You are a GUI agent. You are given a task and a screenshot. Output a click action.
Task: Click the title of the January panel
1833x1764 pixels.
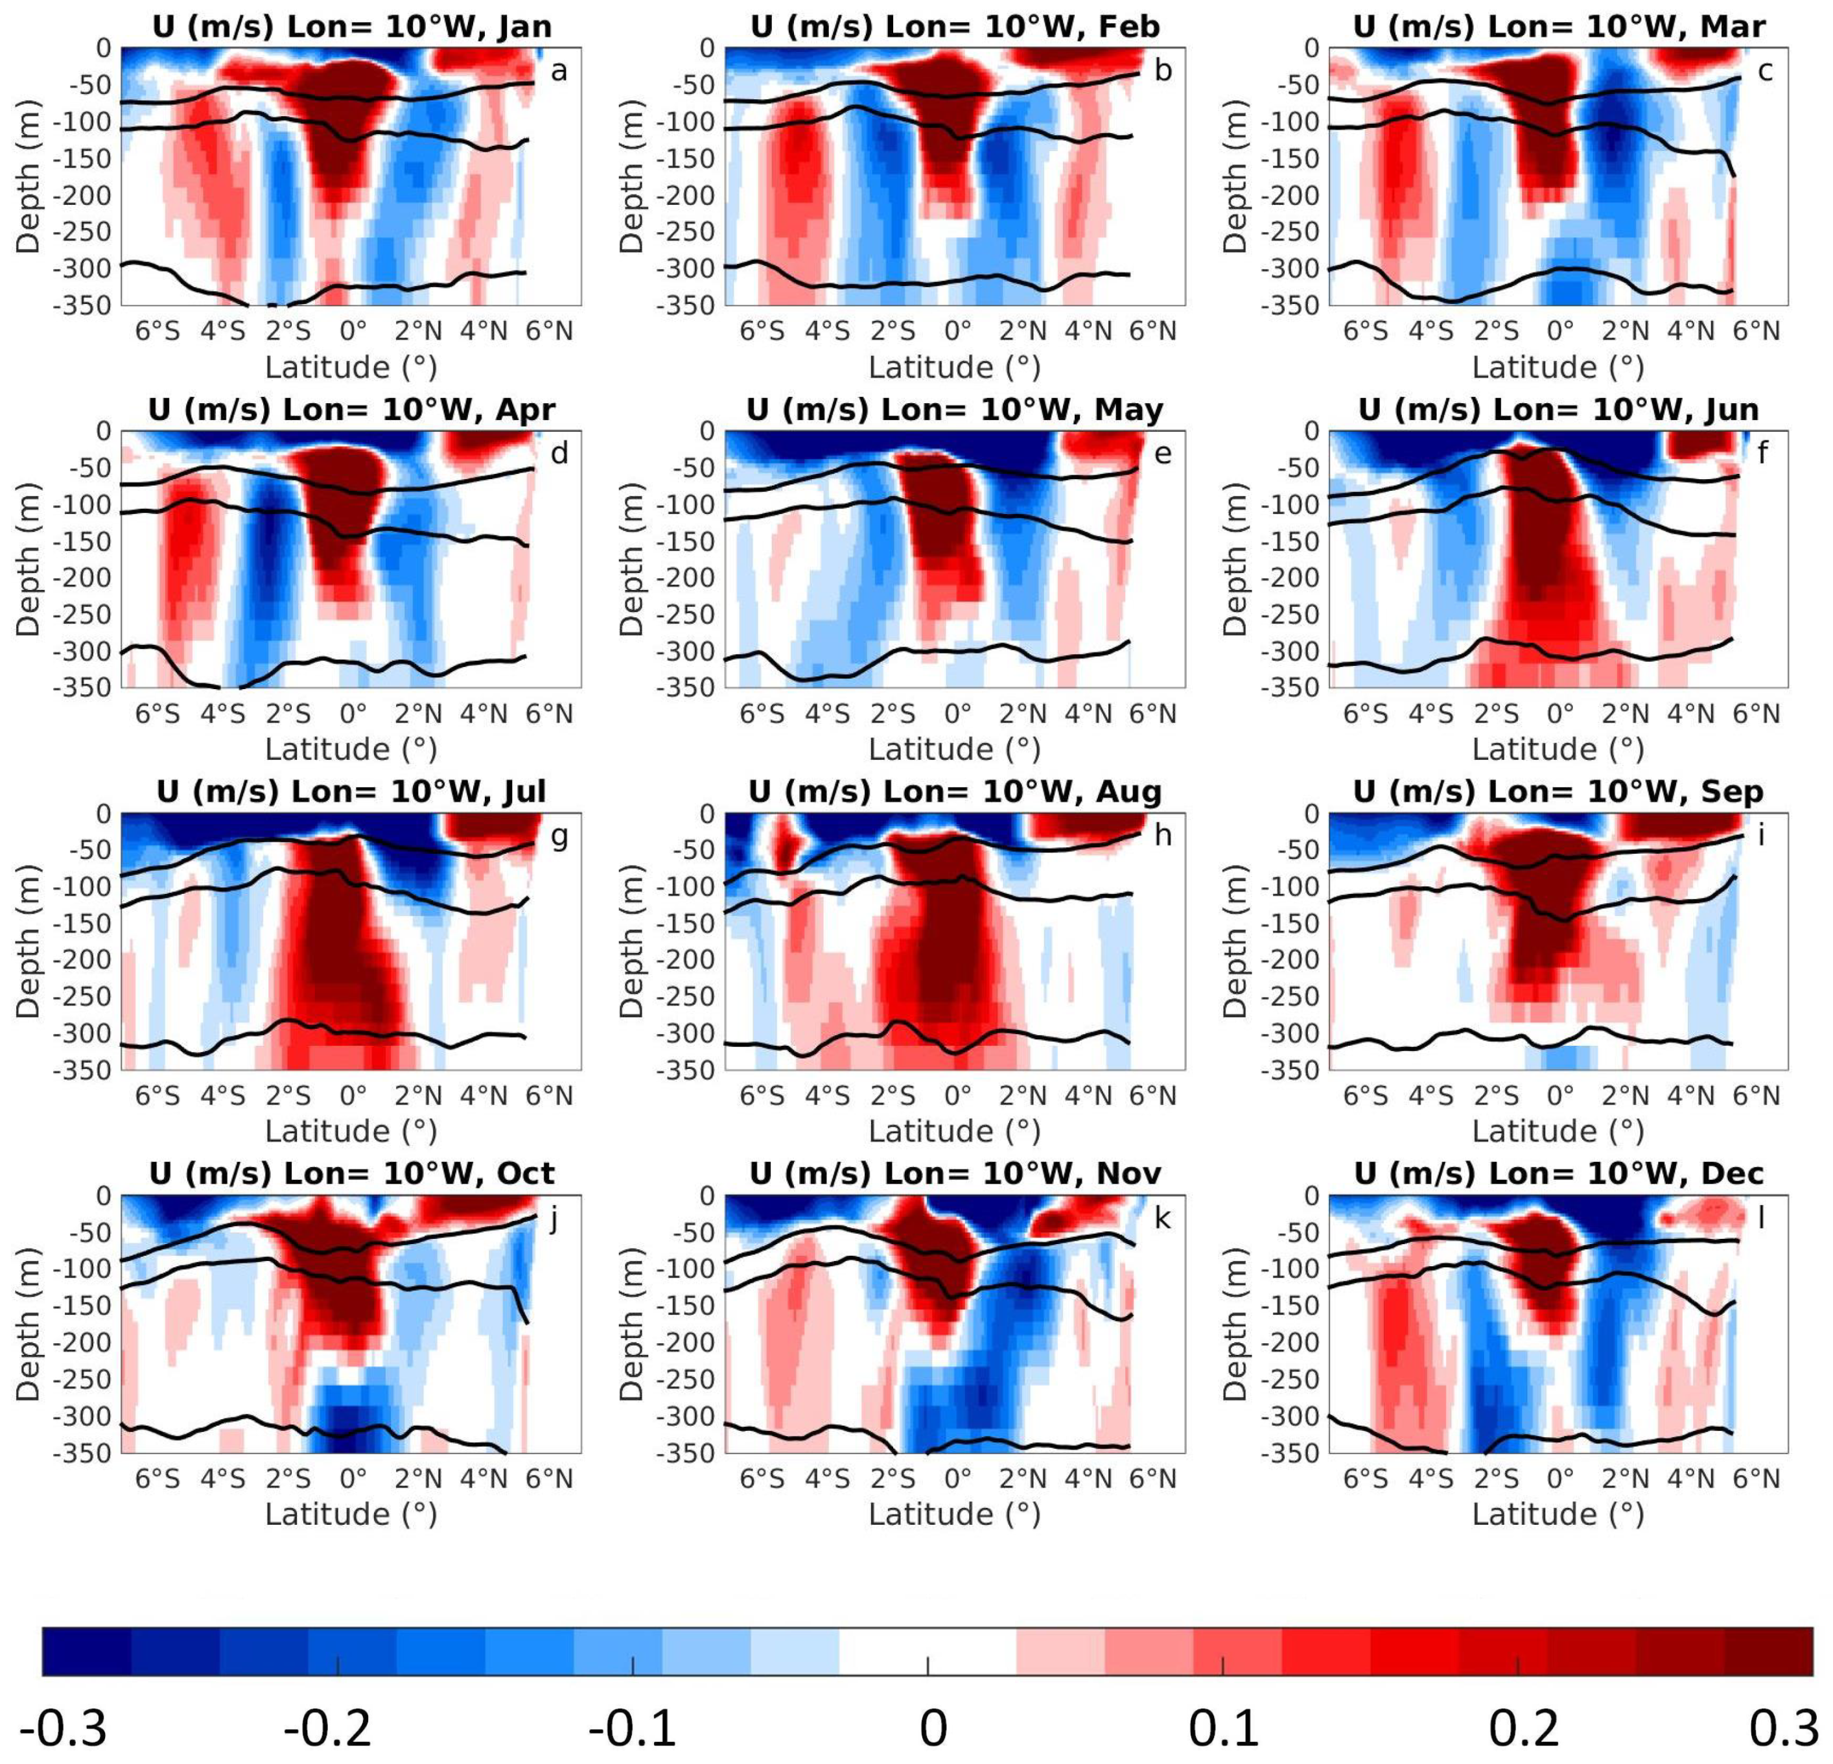[x=352, y=26]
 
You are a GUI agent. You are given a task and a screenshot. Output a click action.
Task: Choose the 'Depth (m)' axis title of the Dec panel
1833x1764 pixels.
[x=1235, y=1323]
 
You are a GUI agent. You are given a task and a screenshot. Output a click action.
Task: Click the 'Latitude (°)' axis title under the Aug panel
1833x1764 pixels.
[x=954, y=1131]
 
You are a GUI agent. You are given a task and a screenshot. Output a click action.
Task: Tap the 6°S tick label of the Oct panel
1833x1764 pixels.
[x=157, y=1479]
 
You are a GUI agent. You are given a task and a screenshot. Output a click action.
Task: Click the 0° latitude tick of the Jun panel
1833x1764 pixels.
[x=1560, y=714]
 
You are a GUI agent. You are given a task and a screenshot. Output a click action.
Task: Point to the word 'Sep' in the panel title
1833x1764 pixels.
[x=1733, y=792]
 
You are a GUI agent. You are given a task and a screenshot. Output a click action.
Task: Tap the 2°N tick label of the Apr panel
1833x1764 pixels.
[x=418, y=714]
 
